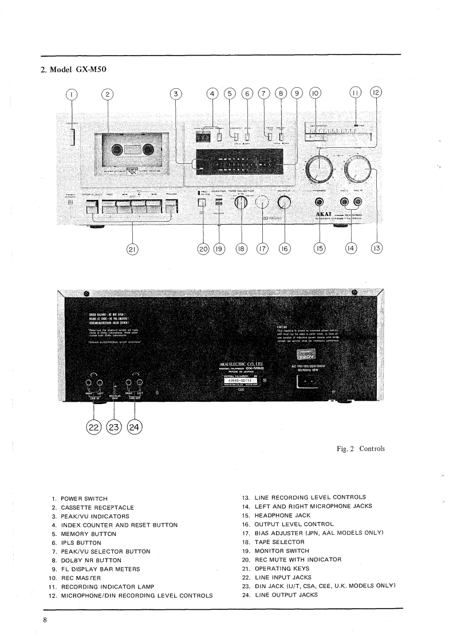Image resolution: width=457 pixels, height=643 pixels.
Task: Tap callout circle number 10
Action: (316, 95)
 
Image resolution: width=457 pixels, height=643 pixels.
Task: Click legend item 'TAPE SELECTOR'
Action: (280, 542)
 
